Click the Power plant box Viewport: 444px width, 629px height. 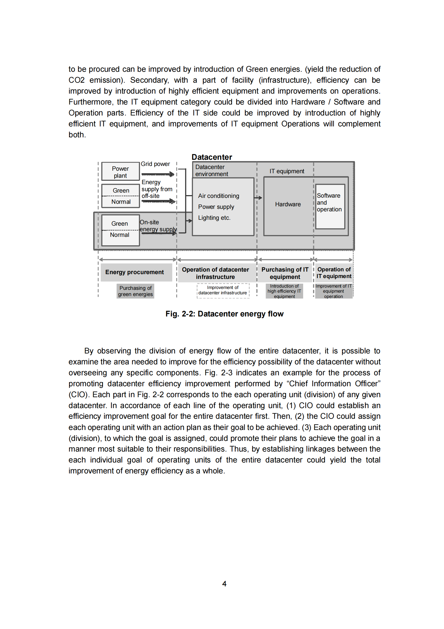(x=120, y=172)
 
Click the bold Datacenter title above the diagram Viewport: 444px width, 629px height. (x=212, y=157)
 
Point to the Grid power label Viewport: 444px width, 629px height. (x=155, y=164)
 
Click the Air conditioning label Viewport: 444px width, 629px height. (x=219, y=196)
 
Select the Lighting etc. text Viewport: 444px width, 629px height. (x=214, y=218)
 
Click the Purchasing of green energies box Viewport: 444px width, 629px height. (x=135, y=291)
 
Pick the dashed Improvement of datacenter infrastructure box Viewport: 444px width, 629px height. (x=223, y=290)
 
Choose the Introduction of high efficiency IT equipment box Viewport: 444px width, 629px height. (x=284, y=291)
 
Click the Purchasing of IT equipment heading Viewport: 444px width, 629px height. (x=285, y=273)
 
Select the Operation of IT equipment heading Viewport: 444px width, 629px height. (x=334, y=273)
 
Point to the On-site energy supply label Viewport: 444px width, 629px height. (x=158, y=226)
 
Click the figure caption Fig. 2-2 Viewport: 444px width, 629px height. (x=224, y=314)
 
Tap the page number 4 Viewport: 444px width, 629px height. (x=224, y=584)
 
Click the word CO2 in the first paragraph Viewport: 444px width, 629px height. (x=76, y=80)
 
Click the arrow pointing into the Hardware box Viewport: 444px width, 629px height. (x=259, y=198)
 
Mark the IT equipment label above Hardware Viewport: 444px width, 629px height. (x=287, y=171)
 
